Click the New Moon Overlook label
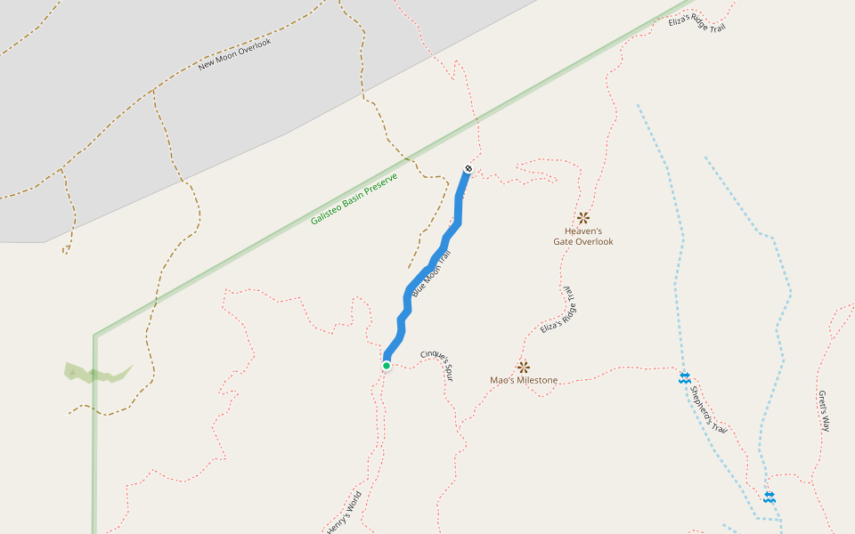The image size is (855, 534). pyautogui.click(x=234, y=53)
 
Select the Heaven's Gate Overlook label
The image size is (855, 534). pyautogui.click(x=583, y=236)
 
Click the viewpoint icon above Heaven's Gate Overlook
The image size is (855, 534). pyautogui.click(x=583, y=217)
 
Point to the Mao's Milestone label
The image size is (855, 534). pyautogui.click(x=524, y=381)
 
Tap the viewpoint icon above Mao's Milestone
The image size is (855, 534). pyautogui.click(x=523, y=366)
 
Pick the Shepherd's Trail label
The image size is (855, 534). pyautogui.click(x=709, y=411)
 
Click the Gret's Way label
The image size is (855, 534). pyautogui.click(x=824, y=411)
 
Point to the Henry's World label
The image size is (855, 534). pyautogui.click(x=345, y=512)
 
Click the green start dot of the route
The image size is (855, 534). pyautogui.click(x=387, y=365)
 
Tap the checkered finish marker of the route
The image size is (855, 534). pyautogui.click(x=468, y=168)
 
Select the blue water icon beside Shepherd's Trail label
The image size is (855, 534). pyautogui.click(x=684, y=378)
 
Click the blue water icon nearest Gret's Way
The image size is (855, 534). pyautogui.click(x=769, y=497)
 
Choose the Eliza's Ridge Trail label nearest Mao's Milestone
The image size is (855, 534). pyautogui.click(x=559, y=310)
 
